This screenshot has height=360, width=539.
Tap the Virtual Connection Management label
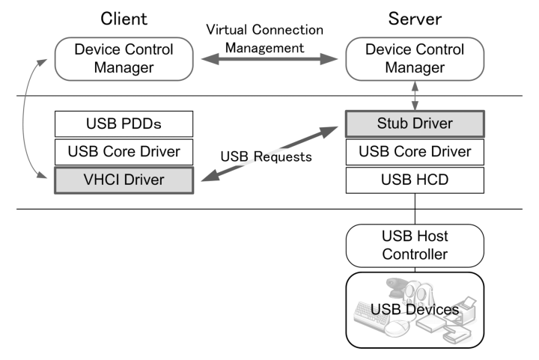(266, 39)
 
